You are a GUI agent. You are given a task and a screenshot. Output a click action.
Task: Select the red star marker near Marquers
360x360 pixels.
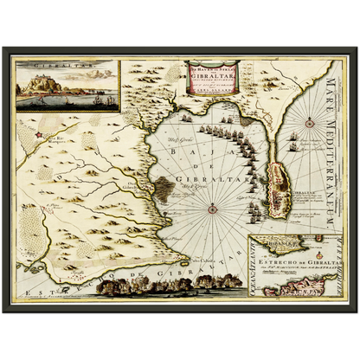coord(39,136)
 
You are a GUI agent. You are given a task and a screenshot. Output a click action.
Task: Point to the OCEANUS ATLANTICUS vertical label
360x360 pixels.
coord(251,270)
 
